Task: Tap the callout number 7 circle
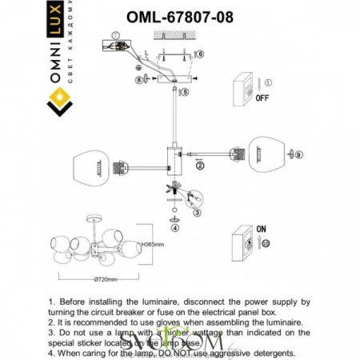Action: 114,35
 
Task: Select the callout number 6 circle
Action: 199,54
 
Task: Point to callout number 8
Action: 138,79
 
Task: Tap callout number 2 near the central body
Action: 200,166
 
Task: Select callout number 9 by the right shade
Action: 300,154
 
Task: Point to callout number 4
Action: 174,227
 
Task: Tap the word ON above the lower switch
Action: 260,228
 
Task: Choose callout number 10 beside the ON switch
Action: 267,242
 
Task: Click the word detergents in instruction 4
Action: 270,352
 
